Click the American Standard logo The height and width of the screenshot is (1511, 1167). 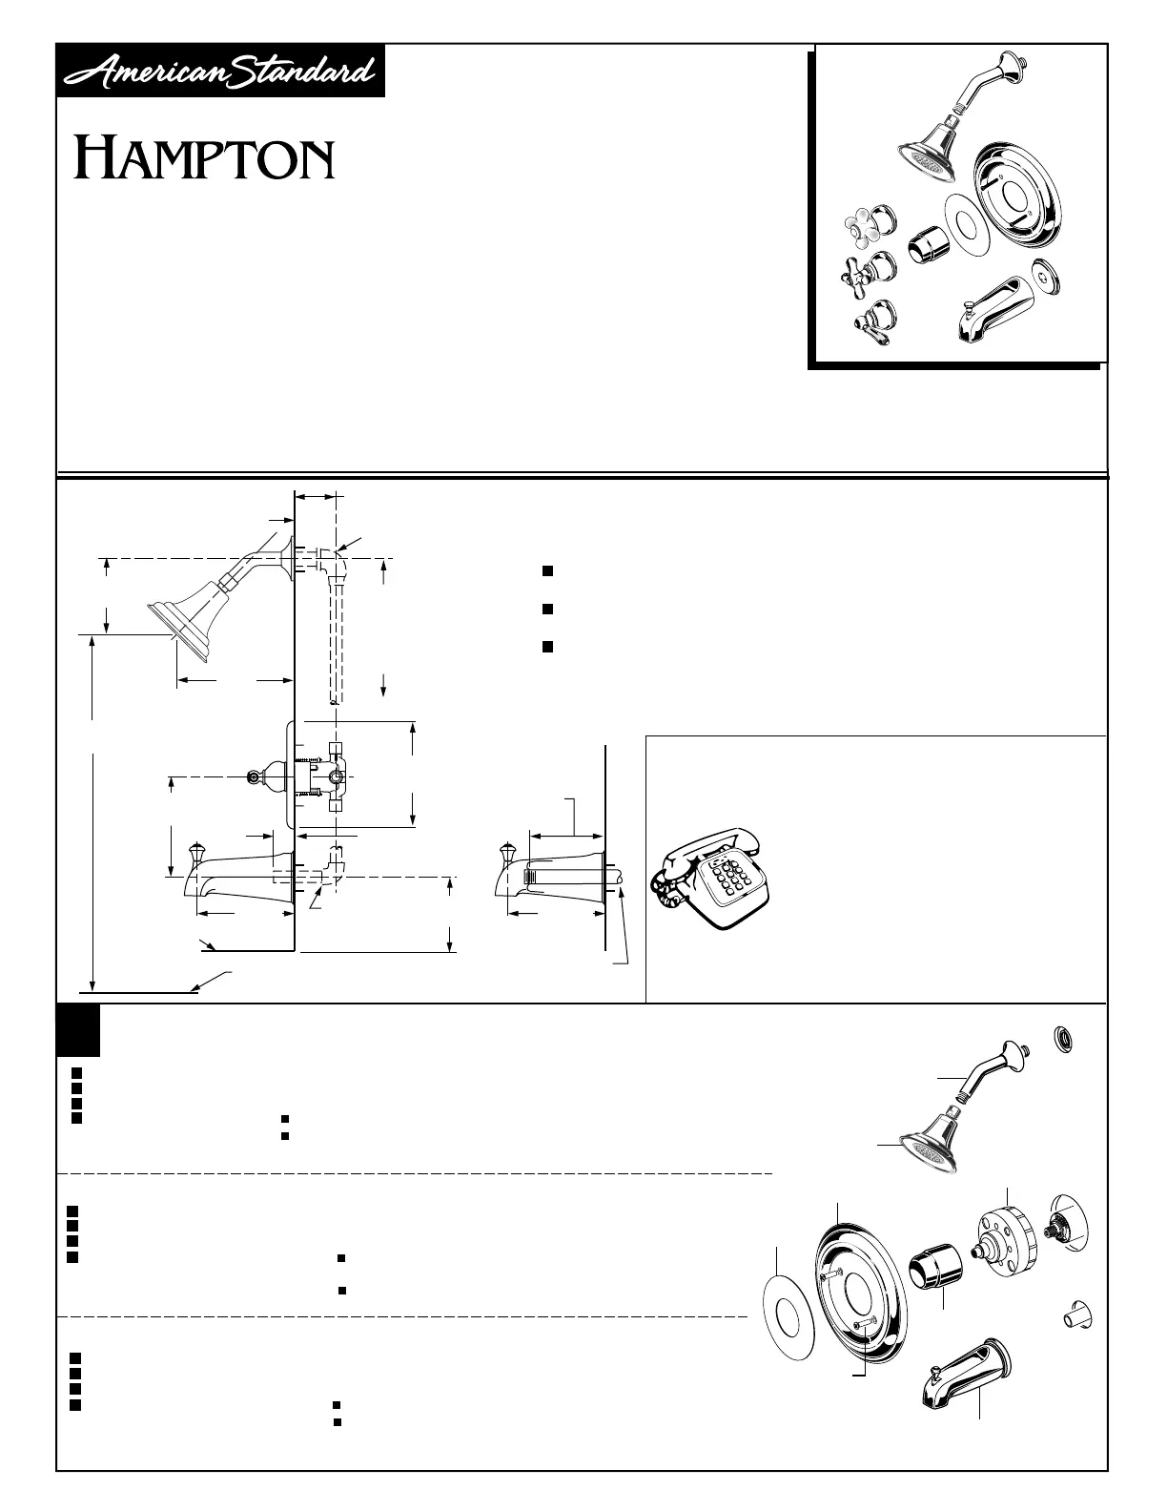[220, 71]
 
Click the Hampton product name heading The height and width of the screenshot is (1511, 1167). [205, 159]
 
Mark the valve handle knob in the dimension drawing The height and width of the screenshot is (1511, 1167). [256, 777]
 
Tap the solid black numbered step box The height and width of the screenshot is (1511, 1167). [78, 1030]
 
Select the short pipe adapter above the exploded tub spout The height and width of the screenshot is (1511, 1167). [1075, 1316]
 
